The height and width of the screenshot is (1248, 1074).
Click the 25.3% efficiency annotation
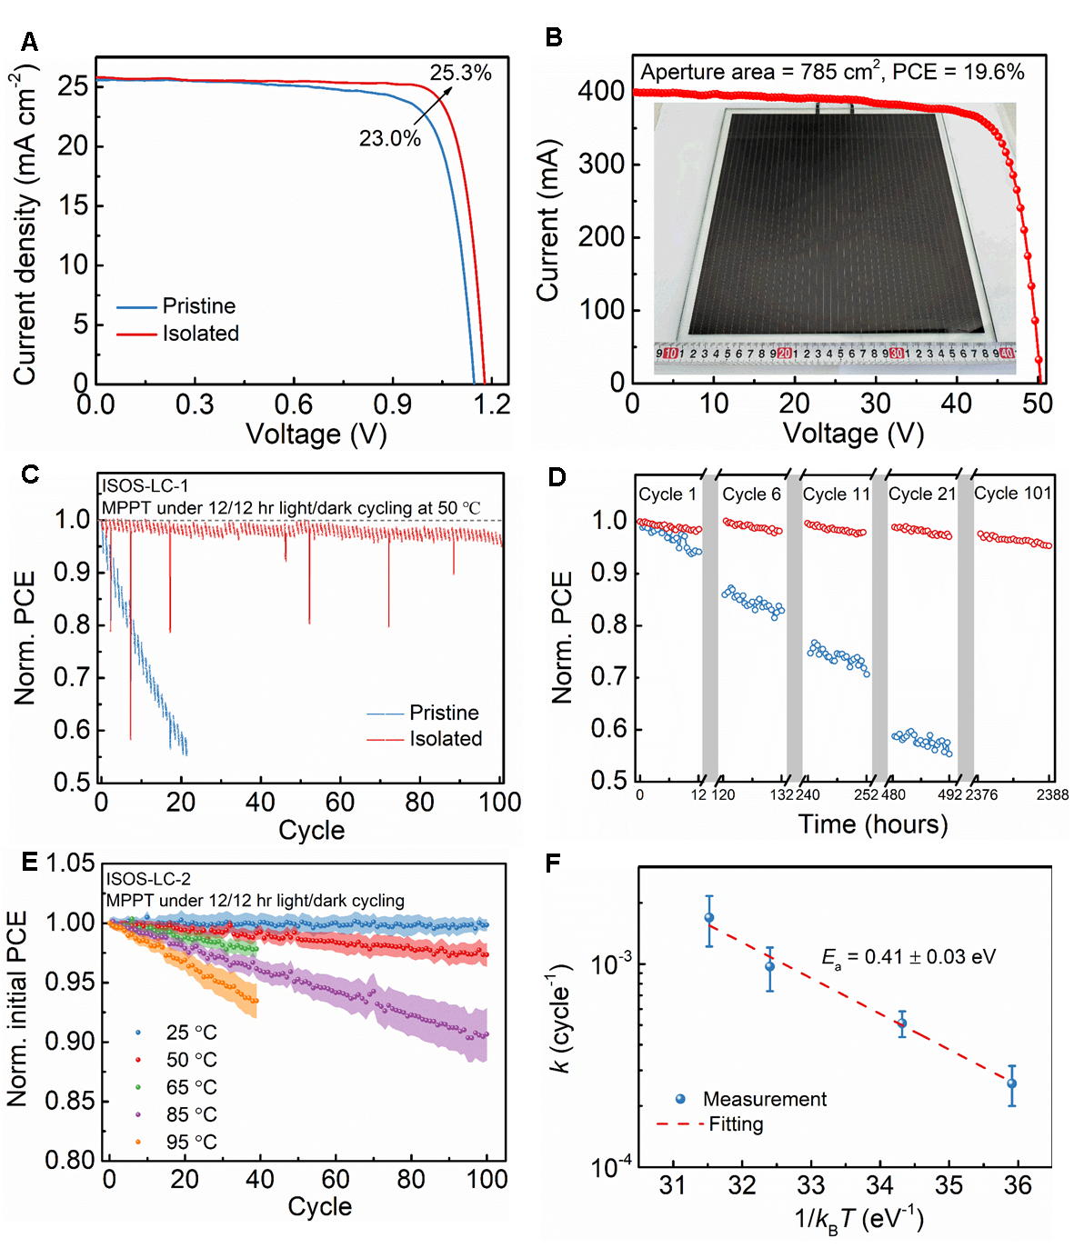point(460,74)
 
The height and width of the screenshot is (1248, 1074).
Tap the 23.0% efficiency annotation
point(389,139)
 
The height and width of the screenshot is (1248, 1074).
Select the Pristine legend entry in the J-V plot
point(198,306)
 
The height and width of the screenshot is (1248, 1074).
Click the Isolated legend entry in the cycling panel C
point(445,739)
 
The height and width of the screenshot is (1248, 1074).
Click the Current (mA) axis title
point(547,221)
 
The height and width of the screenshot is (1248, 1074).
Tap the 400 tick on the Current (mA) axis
point(602,91)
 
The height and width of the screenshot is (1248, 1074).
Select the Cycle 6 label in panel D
point(751,494)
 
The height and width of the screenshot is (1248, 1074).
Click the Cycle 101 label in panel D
point(1012,494)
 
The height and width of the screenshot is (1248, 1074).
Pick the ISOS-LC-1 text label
point(146,486)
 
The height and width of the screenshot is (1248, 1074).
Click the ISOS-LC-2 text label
point(149,879)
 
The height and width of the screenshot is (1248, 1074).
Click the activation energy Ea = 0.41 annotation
point(908,957)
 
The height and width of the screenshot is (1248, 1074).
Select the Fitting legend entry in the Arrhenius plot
point(736,1124)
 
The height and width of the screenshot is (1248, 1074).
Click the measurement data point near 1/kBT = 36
point(1011,1083)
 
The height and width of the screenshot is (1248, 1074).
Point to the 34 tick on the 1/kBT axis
point(879,1185)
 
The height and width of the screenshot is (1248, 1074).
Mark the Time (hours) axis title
point(872,824)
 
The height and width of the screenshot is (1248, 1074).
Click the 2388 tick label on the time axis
point(1052,795)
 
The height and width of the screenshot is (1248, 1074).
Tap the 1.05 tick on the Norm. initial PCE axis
point(71,863)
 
